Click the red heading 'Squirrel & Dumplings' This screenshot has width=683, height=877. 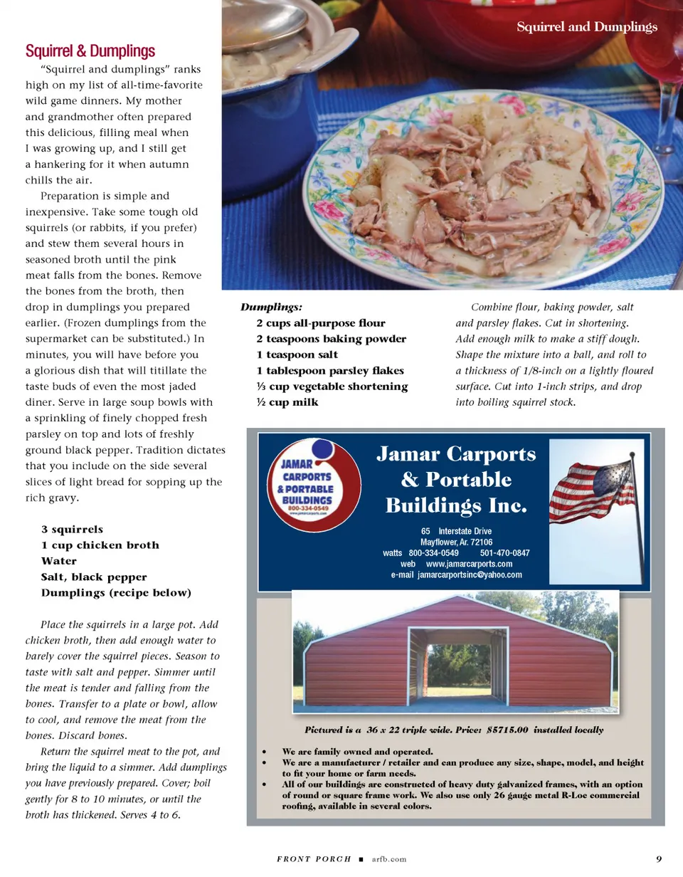(90, 51)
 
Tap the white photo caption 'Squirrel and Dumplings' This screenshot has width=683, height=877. (586, 27)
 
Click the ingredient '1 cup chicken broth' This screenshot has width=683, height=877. (100, 545)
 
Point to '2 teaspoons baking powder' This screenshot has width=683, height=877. (331, 339)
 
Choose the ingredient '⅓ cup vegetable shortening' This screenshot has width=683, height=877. (332, 387)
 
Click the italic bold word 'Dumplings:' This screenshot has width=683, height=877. (271, 308)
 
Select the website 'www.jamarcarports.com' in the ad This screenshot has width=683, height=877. (469, 564)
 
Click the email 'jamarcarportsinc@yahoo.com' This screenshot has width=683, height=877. (470, 574)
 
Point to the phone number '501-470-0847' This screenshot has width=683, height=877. (504, 553)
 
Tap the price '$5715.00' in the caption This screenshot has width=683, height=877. (498, 730)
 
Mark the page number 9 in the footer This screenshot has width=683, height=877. (659, 858)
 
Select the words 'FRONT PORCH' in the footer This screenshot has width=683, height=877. (313, 859)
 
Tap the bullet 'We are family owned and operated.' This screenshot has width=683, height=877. (357, 752)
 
